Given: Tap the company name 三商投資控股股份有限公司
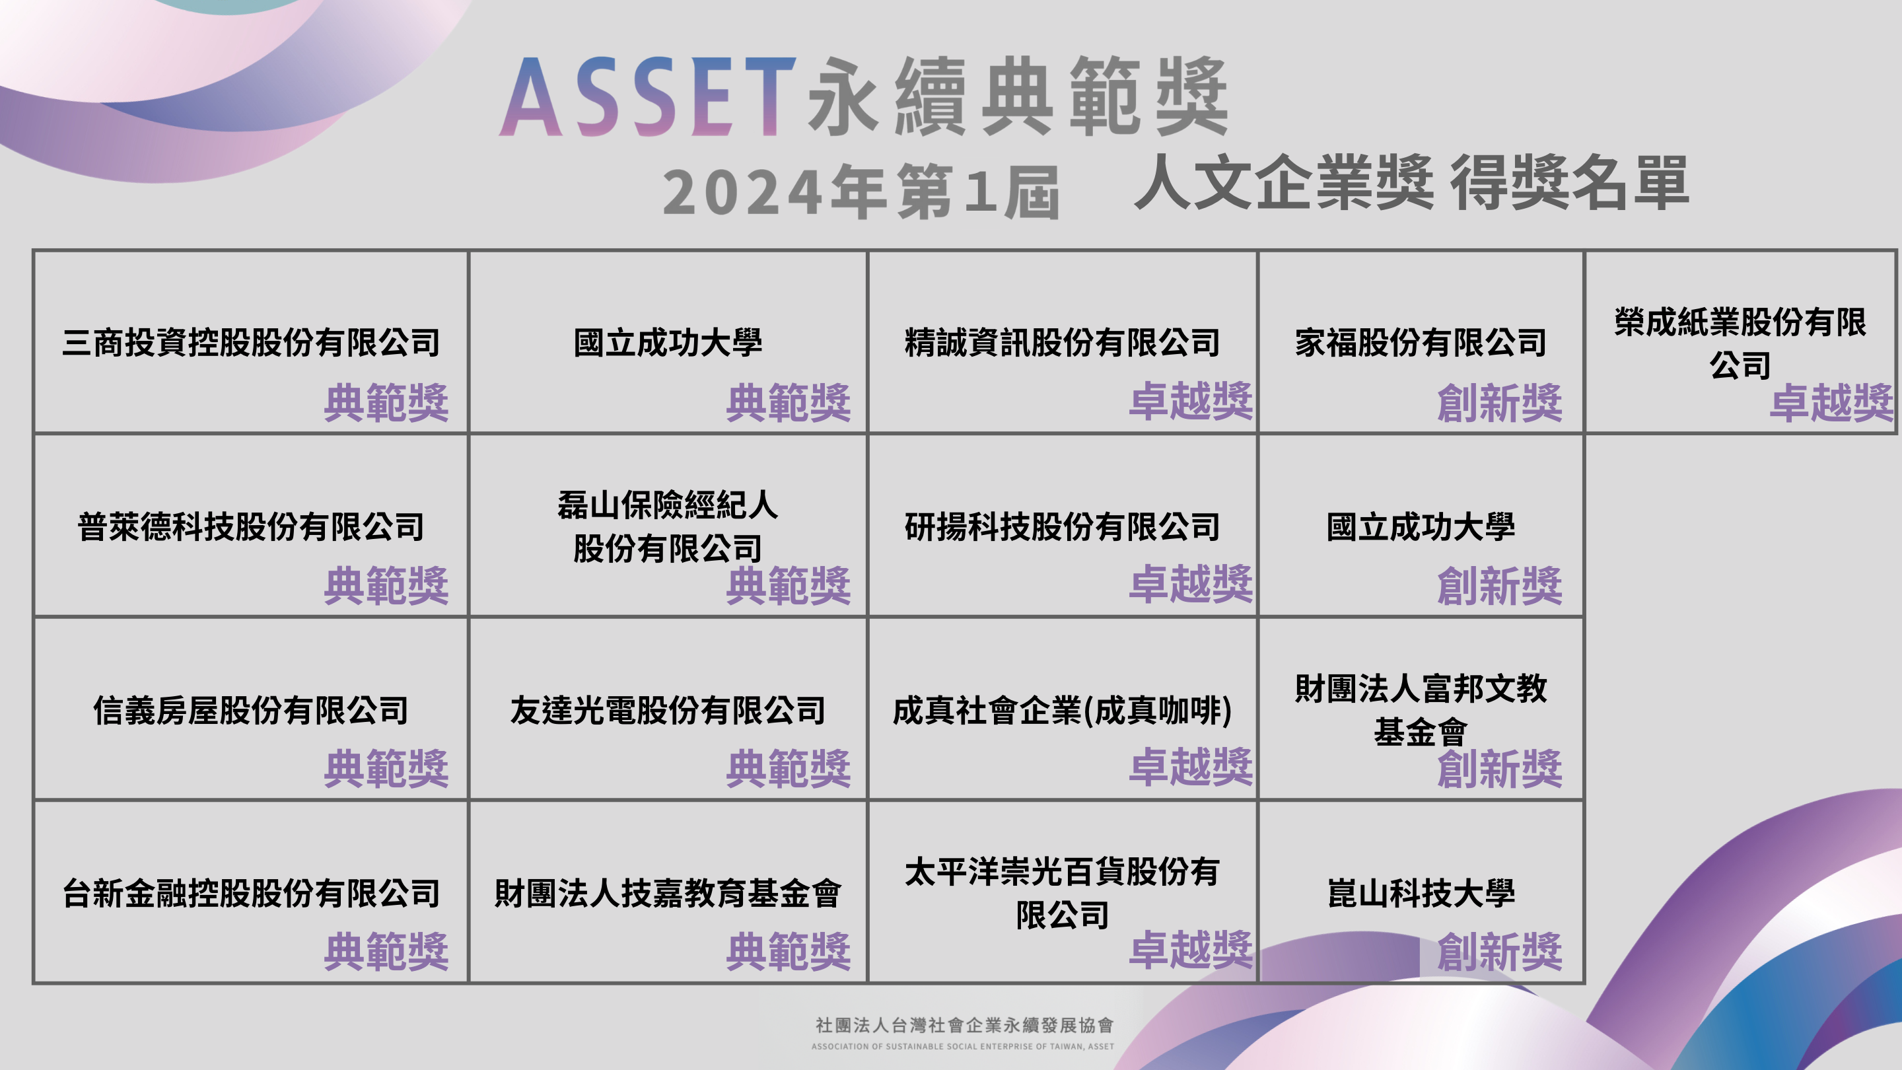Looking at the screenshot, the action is (251, 343).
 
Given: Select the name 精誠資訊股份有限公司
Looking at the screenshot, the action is (1063, 343).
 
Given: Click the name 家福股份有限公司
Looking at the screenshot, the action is (1421, 343).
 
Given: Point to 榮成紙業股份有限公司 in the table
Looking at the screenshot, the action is (1740, 343).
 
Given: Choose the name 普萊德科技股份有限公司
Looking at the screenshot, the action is (251, 526).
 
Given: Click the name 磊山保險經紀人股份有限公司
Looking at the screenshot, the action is (668, 526).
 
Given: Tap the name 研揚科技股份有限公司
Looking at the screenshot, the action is (1063, 526).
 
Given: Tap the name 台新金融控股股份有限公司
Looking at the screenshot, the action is (251, 894).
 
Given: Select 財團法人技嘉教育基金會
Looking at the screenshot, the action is (668, 894).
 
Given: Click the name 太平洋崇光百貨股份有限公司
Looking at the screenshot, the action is (1063, 894).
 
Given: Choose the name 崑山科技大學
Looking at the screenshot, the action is (1421, 894).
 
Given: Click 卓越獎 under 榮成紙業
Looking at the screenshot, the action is (1832, 402).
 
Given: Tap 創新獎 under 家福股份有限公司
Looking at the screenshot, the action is (1500, 402).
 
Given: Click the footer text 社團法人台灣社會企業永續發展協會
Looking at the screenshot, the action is (964, 1025).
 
